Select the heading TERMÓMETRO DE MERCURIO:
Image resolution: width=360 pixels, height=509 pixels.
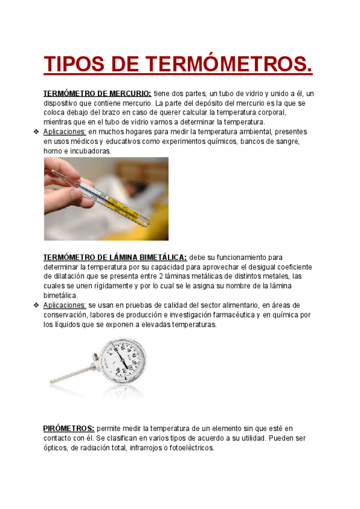[97, 94]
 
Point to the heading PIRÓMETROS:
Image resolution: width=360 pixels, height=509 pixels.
[68, 429]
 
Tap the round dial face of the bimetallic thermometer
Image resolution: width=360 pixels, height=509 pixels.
[122, 361]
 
